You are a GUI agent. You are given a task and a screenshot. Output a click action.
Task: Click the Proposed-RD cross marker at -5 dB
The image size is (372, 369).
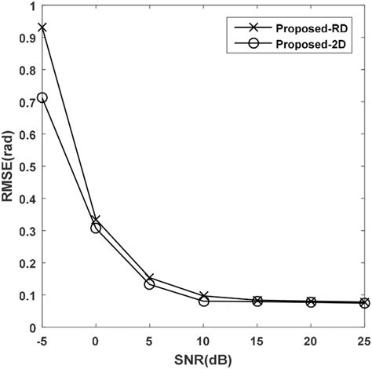42,27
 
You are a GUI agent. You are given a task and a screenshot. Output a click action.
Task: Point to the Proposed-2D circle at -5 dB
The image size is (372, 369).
42,98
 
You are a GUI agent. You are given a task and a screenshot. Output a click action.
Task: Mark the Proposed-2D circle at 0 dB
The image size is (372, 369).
96,228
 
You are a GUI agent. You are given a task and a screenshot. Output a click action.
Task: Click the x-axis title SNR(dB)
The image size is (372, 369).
204,358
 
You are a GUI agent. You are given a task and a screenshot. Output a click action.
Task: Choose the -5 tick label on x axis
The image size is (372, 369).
42,341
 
